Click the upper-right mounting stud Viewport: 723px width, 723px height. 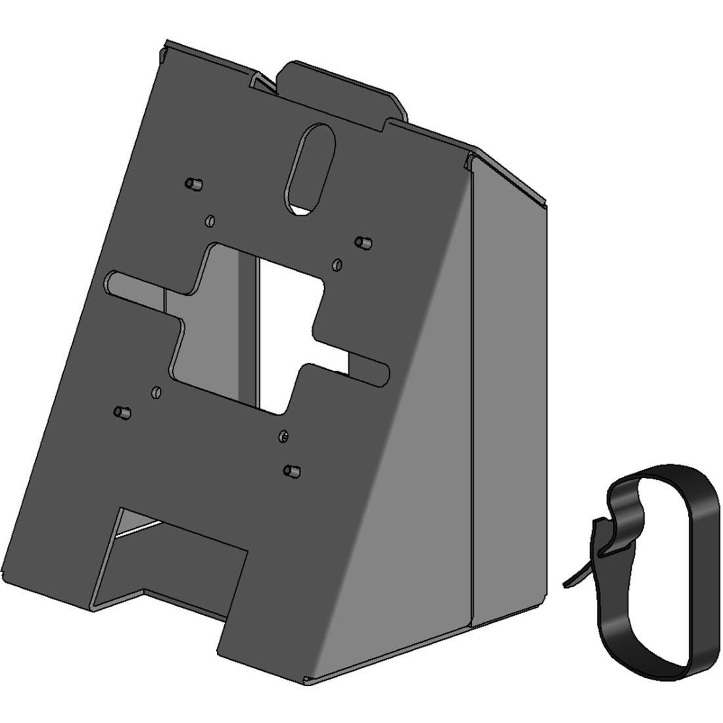pyautogui.click(x=361, y=243)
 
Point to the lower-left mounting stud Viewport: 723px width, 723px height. pyautogui.click(x=121, y=412)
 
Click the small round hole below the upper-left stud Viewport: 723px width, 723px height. pyautogui.click(x=210, y=219)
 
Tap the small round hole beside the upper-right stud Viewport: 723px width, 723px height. pyautogui.click(x=337, y=264)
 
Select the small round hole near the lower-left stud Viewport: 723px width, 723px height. pyautogui.click(x=156, y=392)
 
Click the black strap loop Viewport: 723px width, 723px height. pyautogui.click(x=657, y=565)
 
